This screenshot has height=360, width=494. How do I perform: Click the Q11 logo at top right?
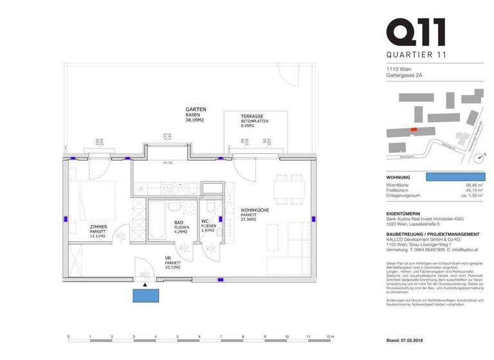415,32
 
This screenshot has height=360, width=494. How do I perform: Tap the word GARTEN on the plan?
195,109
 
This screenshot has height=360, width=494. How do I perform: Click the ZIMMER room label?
98,227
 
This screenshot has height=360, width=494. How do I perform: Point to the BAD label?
179,222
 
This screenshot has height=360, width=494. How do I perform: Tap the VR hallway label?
168,258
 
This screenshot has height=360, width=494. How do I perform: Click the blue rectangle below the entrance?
145,295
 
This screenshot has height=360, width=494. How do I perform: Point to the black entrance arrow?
145,284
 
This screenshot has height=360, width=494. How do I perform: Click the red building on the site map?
414,129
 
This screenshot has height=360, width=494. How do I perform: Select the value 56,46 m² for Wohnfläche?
475,184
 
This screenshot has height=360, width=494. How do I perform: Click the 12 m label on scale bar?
329,336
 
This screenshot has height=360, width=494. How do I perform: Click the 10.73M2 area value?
172,266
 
